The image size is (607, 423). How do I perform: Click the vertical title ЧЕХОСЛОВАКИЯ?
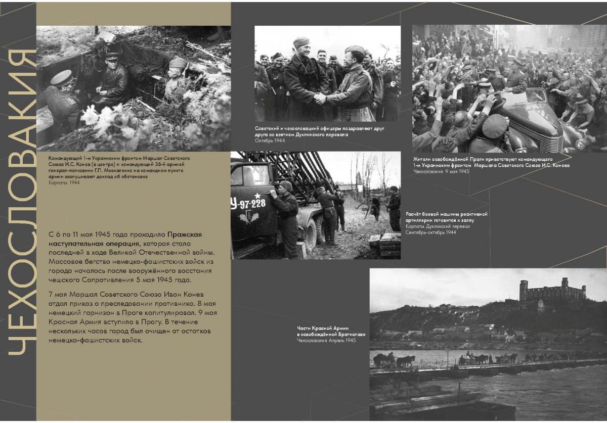[19, 202]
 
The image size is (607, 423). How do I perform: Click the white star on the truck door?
[257, 195]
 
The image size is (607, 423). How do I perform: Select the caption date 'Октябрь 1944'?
[270, 140]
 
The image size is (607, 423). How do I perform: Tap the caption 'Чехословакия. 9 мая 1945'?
[441, 172]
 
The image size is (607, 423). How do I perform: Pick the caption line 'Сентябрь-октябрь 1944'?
[430, 232]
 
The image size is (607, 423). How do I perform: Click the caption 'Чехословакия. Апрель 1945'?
[326, 341]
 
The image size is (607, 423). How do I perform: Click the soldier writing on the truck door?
[287, 217]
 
